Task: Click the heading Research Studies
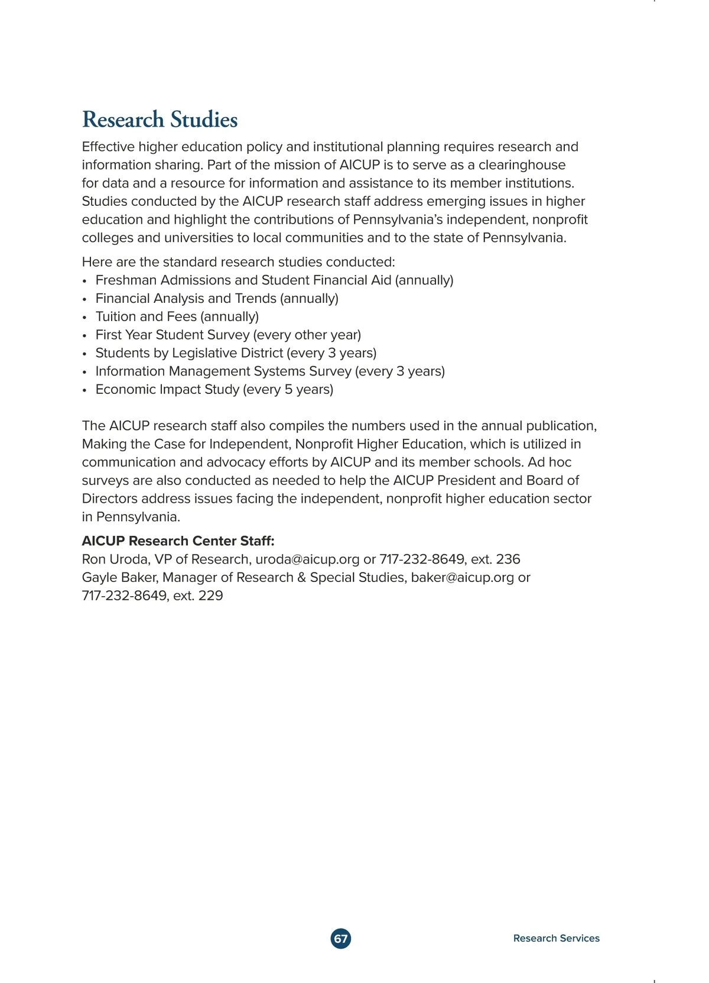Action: pos(160,119)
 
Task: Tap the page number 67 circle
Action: pos(341,939)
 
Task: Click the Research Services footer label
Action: pos(556,938)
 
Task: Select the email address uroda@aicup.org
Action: pos(307,560)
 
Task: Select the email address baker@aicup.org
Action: pos(462,578)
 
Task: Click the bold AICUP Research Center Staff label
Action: pos(178,541)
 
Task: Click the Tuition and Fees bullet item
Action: pos(177,317)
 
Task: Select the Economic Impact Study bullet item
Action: pos(214,390)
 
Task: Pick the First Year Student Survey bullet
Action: pos(228,335)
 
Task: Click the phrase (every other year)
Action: pos(307,335)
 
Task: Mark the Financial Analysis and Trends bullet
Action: pos(217,299)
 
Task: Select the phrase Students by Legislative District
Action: pos(189,354)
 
